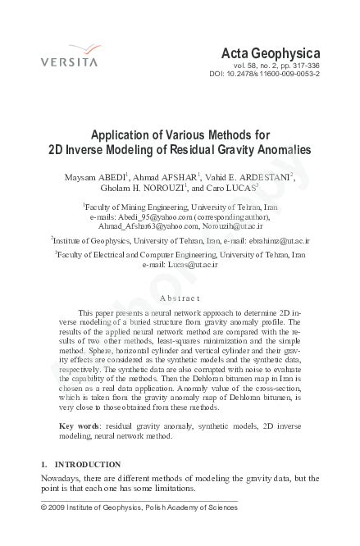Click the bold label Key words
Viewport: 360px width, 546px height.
79,426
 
